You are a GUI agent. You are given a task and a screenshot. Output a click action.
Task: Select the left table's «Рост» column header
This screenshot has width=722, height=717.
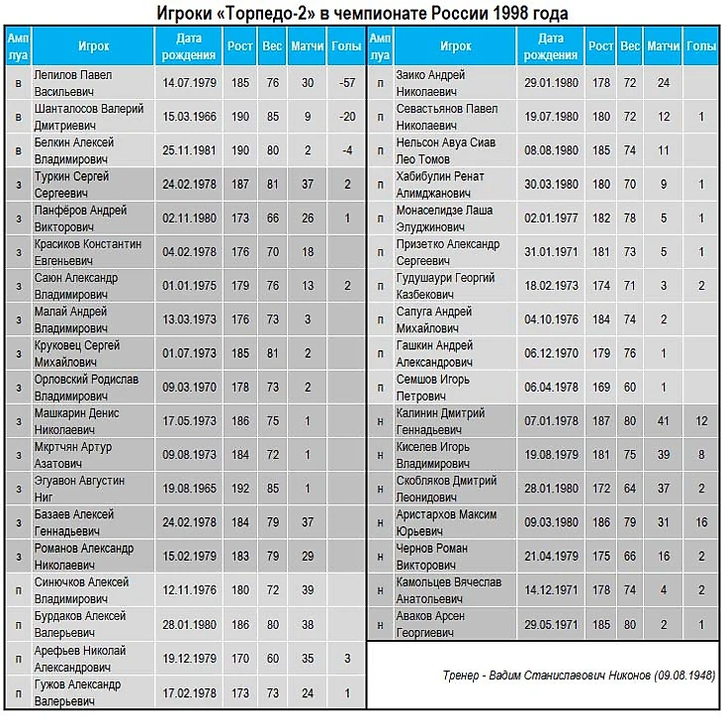(x=239, y=45)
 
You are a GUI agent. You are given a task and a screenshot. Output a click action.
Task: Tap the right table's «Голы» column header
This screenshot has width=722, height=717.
(x=700, y=45)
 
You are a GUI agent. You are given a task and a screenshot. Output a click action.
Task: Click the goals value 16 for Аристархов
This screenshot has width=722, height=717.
(x=700, y=522)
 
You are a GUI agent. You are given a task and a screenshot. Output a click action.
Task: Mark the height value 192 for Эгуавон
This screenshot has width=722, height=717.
(x=239, y=488)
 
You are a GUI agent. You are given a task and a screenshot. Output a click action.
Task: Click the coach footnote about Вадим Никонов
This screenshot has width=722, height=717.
(x=579, y=674)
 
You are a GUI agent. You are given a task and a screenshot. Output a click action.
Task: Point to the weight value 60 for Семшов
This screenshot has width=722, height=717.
(x=629, y=387)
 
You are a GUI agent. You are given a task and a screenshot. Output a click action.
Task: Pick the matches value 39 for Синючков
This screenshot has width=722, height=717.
(x=309, y=589)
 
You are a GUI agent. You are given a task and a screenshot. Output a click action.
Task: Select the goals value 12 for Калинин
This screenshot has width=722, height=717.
(x=700, y=420)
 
